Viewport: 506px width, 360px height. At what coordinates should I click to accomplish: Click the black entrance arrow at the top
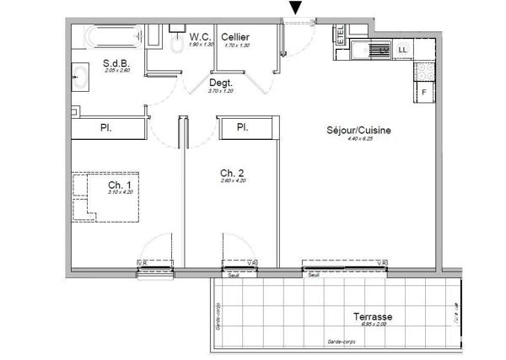tap(295, 8)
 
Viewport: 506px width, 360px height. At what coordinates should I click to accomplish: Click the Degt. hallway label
tap(221, 83)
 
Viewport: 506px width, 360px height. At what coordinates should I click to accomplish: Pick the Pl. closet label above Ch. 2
tap(242, 127)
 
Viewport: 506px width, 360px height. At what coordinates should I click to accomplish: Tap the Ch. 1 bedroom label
tap(117, 185)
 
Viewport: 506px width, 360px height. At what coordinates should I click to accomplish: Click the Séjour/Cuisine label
tap(359, 131)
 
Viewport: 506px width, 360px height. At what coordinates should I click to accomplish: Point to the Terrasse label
tap(372, 317)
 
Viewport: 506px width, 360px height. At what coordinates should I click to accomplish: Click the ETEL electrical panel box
tap(340, 35)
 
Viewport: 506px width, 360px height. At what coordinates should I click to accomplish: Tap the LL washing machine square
tap(401, 51)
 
